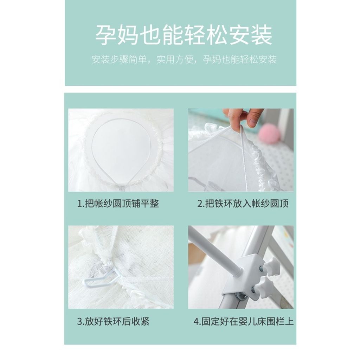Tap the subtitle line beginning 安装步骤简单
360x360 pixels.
click(x=184, y=59)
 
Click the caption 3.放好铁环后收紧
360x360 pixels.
click(x=113, y=322)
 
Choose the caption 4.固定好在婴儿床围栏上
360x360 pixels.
click(x=244, y=322)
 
